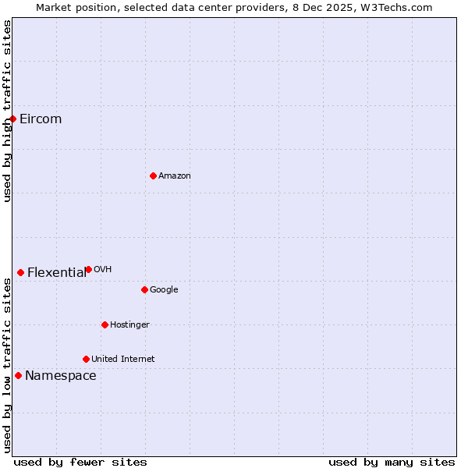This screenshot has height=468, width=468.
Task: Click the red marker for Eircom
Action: pyautogui.click(x=13, y=119)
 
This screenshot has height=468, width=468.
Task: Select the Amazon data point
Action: pyautogui.click(x=153, y=175)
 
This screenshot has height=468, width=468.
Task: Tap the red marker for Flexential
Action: pyautogui.click(x=21, y=272)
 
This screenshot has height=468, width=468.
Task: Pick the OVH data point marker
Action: pyautogui.click(x=88, y=269)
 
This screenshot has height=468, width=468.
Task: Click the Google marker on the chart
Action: pyautogui.click(x=144, y=289)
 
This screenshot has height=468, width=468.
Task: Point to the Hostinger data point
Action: pyautogui.click(x=105, y=324)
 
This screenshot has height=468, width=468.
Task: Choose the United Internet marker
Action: pyautogui.click(x=86, y=359)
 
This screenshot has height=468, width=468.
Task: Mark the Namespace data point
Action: pyautogui.click(x=18, y=375)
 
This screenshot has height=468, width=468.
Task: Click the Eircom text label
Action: pyautogui.click(x=41, y=119)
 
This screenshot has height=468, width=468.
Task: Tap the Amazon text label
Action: pyautogui.click(x=175, y=176)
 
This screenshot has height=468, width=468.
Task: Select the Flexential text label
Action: pyautogui.click(x=56, y=273)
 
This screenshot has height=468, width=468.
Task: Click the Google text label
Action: pyautogui.click(x=164, y=290)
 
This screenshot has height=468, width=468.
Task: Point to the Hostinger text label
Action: pyautogui.click(x=129, y=325)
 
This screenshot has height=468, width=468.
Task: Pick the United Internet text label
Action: pyautogui.click(x=122, y=360)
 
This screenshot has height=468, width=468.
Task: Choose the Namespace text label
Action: pyautogui.click(x=61, y=376)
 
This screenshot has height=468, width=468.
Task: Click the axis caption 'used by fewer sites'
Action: pyautogui.click(x=80, y=462)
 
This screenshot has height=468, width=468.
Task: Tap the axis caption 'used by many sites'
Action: pyautogui.click(x=392, y=462)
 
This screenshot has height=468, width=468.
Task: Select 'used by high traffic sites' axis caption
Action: pyautogui.click(x=8, y=111)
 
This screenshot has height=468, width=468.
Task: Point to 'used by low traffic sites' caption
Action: pyautogui.click(x=8, y=366)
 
